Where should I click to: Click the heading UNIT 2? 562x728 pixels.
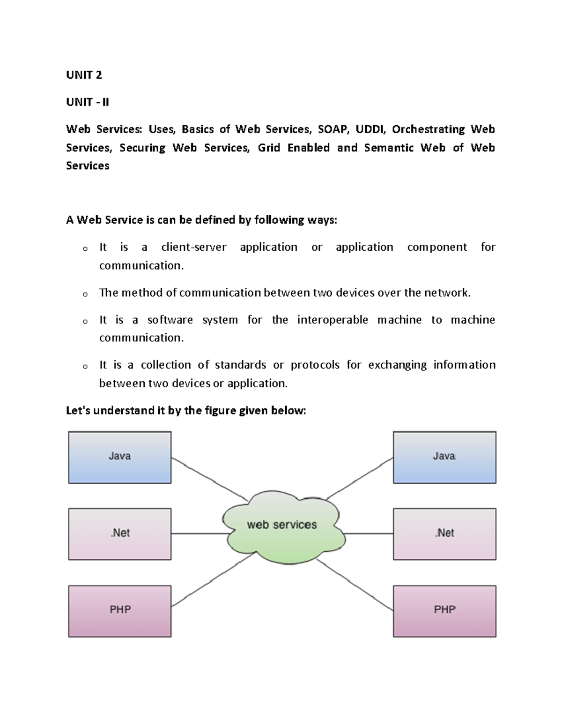pyautogui.click(x=84, y=75)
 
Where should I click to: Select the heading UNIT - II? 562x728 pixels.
pyautogui.click(x=88, y=102)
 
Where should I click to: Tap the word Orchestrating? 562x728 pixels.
pyautogui.click(x=428, y=129)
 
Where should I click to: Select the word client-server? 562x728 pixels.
pyautogui.click(x=193, y=247)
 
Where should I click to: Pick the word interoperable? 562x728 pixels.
pyautogui.click(x=333, y=320)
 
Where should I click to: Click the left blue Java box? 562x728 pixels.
pyautogui.click(x=120, y=457)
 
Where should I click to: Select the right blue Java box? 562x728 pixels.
pyautogui.click(x=444, y=457)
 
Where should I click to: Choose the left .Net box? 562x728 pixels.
pyautogui.click(x=120, y=534)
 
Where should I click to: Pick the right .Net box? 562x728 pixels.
pyautogui.click(x=444, y=534)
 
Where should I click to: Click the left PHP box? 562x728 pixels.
pyautogui.click(x=120, y=611)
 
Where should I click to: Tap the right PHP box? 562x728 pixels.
pyautogui.click(x=444, y=611)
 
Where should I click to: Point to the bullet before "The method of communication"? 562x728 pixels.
pyautogui.click(x=85, y=294)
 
